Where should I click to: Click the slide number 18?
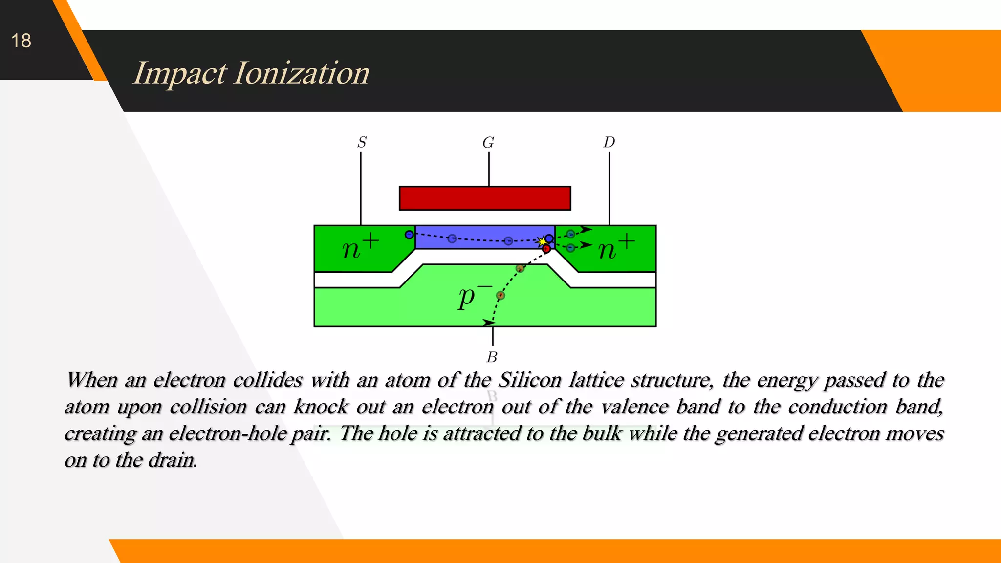click(21, 41)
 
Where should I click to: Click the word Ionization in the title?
click(302, 73)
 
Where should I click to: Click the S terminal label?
click(362, 142)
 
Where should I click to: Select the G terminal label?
click(488, 143)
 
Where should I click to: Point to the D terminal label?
click(609, 142)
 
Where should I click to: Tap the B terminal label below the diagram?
click(492, 357)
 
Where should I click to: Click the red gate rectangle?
click(485, 198)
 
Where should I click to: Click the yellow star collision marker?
click(542, 241)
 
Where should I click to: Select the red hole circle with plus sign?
click(546, 249)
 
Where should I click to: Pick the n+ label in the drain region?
click(616, 247)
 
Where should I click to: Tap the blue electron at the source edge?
click(409, 235)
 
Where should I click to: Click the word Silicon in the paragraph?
click(530, 380)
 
